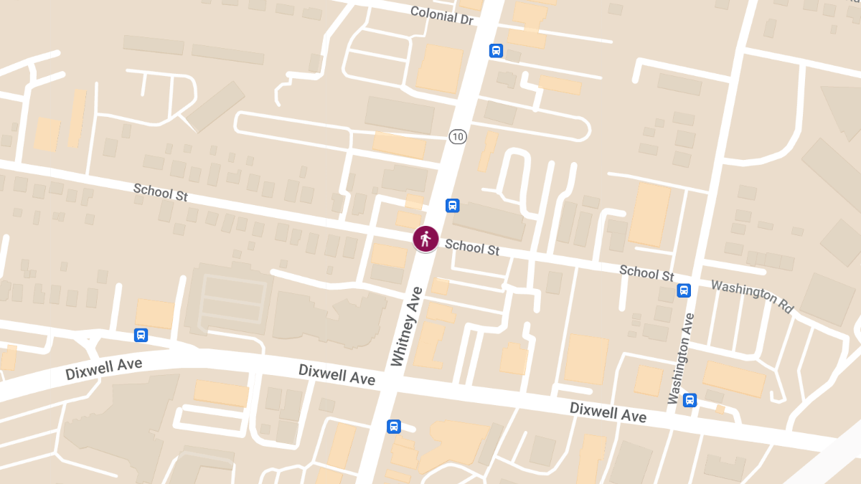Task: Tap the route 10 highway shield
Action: tap(457, 136)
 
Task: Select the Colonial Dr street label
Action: tap(442, 15)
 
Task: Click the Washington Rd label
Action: tap(752, 295)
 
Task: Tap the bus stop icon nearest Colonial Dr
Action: tap(496, 51)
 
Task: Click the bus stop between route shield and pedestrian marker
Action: tap(453, 206)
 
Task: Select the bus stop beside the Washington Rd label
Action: tap(684, 290)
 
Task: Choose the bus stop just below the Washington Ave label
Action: tap(690, 400)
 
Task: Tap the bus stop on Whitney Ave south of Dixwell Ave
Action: tap(394, 427)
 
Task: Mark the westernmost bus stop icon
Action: tap(141, 335)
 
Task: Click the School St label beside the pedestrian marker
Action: tap(472, 247)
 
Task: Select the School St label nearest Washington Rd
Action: tap(646, 272)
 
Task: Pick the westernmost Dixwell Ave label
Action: tap(103, 369)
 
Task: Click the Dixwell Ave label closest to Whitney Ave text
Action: tap(337, 374)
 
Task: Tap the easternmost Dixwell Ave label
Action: tap(608, 412)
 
